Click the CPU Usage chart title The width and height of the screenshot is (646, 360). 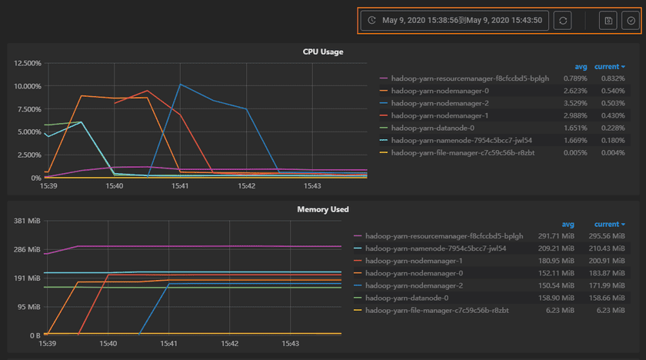322,52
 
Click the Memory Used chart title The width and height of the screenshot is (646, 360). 322,209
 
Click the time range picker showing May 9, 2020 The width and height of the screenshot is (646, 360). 455,21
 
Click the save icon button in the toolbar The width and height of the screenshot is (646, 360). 608,21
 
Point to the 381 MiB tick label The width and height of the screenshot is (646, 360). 28,221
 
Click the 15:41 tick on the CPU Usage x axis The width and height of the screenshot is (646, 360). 180,186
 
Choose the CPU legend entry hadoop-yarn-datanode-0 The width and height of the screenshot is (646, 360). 432,128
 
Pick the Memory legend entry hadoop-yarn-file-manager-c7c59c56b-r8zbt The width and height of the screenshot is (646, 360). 436,310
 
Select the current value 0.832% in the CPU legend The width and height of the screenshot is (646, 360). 613,78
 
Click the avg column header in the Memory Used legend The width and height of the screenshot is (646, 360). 568,224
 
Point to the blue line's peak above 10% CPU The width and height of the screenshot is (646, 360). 181,85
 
